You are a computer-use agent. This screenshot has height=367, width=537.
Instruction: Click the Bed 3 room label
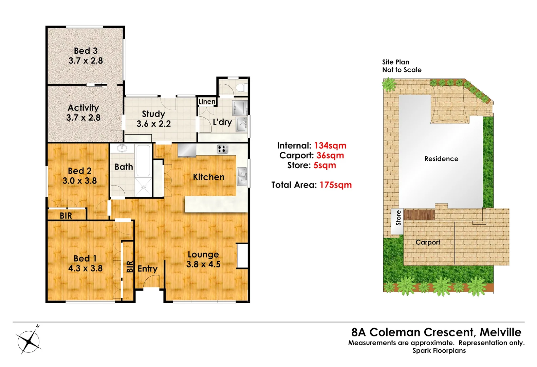pyautogui.click(x=86, y=51)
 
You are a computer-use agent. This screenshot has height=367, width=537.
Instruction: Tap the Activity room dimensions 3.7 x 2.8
pyautogui.click(x=83, y=118)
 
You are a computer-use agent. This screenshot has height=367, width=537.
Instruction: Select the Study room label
pyautogui.click(x=153, y=114)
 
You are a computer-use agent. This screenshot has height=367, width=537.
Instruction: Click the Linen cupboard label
pyautogui.click(x=207, y=101)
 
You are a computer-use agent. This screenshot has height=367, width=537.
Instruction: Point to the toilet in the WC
pyautogui.click(x=242, y=88)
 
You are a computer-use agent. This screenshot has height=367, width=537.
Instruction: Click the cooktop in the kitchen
pyautogui.click(x=222, y=149)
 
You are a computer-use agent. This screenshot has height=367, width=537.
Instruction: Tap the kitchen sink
pyautogui.click(x=242, y=177)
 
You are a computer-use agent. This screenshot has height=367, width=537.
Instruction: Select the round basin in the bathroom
pyautogui.click(x=122, y=148)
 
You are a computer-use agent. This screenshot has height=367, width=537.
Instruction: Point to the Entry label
pyautogui.click(x=147, y=269)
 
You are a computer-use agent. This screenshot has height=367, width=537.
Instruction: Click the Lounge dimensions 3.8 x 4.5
pyautogui.click(x=203, y=264)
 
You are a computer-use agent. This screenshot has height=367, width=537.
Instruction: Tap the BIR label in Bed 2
pyautogui.click(x=66, y=216)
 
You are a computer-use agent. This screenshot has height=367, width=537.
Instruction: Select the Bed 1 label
pyautogui.click(x=85, y=259)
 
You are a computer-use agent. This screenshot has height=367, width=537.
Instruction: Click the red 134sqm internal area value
pyautogui.click(x=330, y=145)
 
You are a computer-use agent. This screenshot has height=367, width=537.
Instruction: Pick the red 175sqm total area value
pyautogui.click(x=335, y=185)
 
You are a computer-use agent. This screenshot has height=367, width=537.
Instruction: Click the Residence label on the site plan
pyautogui.click(x=441, y=159)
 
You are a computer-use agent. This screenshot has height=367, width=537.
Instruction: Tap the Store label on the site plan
pyautogui.click(x=398, y=218)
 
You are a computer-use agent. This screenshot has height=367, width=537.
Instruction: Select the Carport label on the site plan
pyautogui.click(x=428, y=242)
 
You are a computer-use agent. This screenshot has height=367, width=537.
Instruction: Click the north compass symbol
pyautogui.click(x=29, y=340)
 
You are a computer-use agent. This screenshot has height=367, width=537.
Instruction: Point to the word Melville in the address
pyautogui.click(x=500, y=332)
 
